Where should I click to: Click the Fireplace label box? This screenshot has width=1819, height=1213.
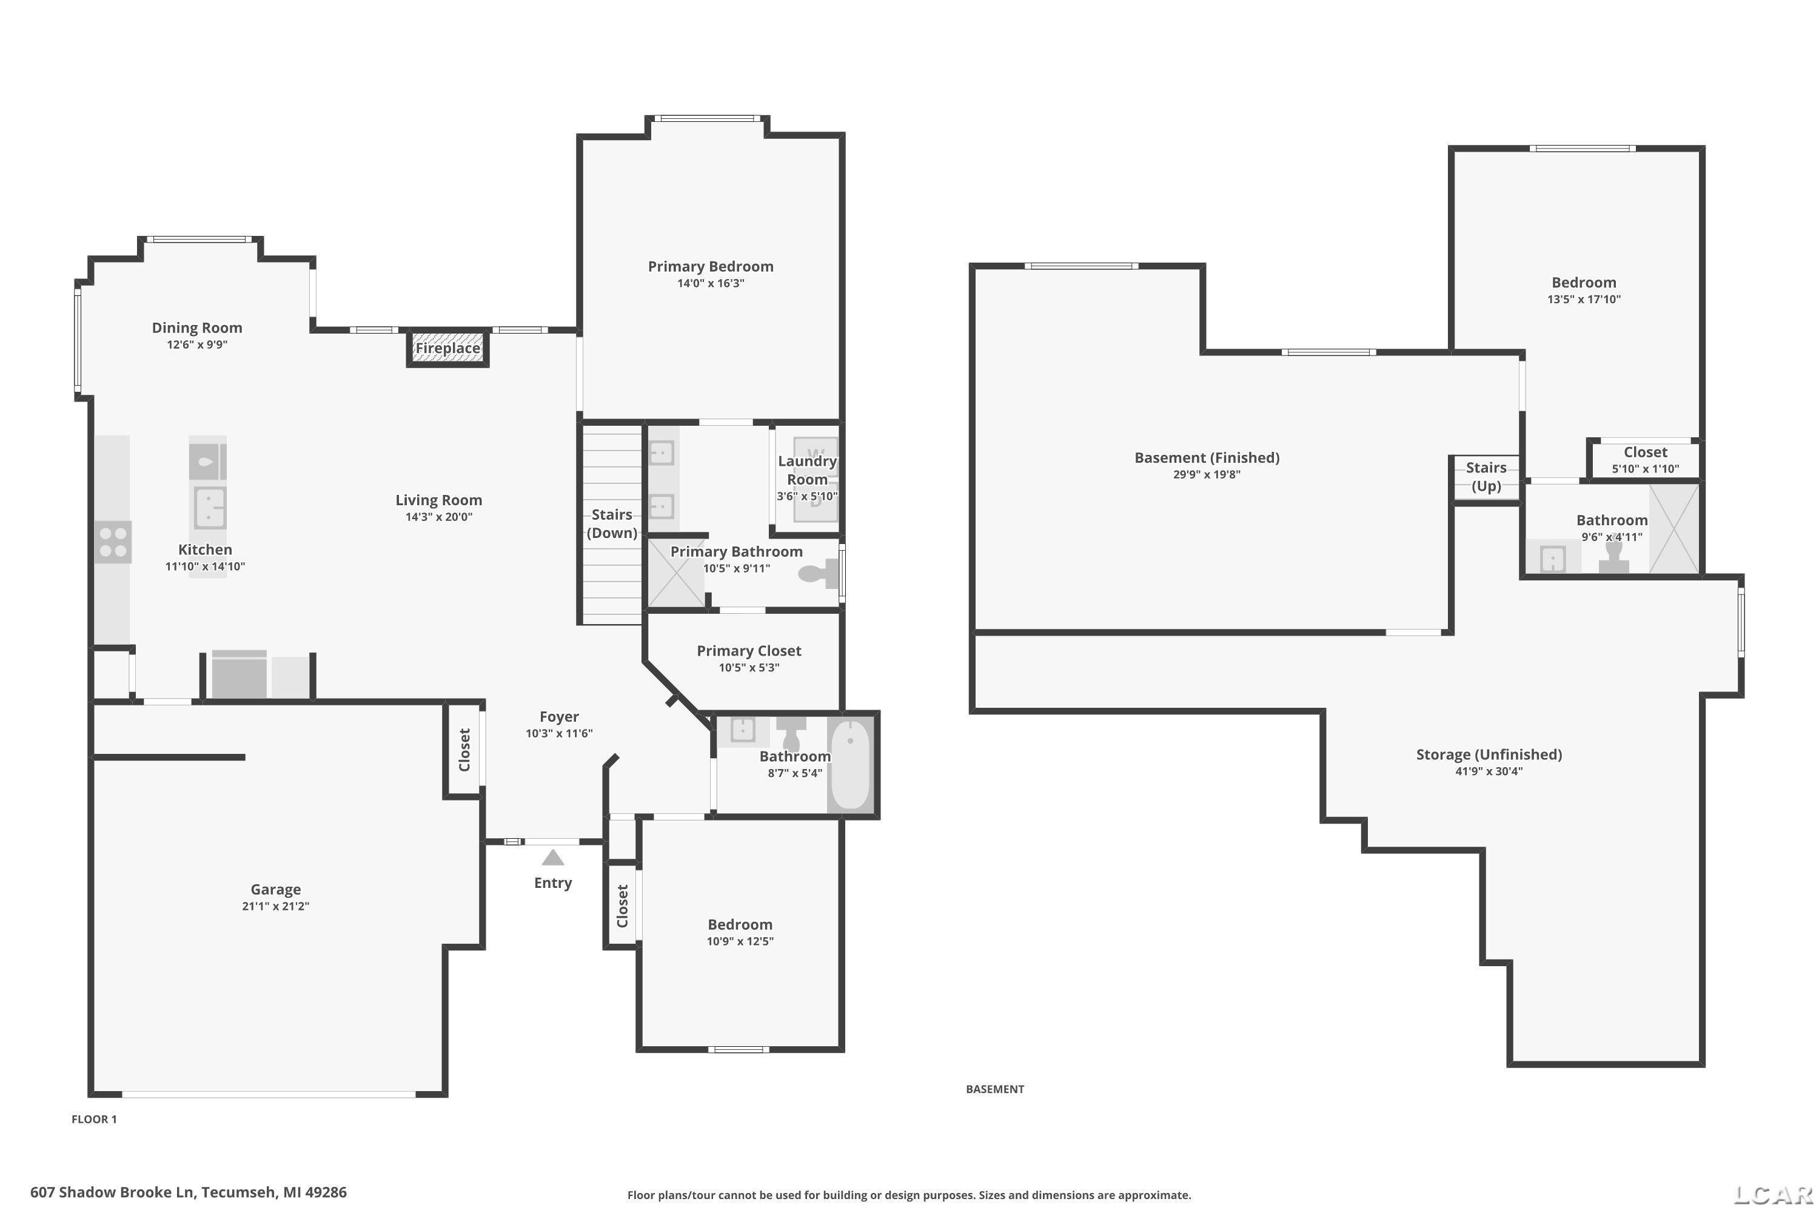tap(448, 348)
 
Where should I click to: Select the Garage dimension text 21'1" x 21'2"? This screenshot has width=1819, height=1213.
tap(275, 906)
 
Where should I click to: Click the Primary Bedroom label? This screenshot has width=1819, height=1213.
tap(710, 266)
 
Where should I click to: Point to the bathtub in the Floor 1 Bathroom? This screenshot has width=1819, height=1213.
tap(850, 764)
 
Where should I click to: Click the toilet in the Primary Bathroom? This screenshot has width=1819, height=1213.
tap(818, 573)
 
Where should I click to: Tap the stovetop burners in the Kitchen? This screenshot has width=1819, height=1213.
tap(113, 542)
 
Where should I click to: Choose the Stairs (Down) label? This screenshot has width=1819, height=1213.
tap(612, 524)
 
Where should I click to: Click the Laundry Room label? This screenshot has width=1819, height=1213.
tap(808, 469)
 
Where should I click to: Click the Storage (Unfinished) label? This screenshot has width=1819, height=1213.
tap(1489, 754)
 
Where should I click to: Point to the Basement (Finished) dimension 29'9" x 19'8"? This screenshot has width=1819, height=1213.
tap(1207, 474)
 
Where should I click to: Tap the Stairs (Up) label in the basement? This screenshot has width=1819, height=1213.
tap(1486, 477)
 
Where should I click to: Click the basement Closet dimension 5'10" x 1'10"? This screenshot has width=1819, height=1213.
tap(1645, 469)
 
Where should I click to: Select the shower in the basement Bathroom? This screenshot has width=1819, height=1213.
tap(1673, 529)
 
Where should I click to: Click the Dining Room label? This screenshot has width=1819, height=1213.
tap(196, 328)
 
